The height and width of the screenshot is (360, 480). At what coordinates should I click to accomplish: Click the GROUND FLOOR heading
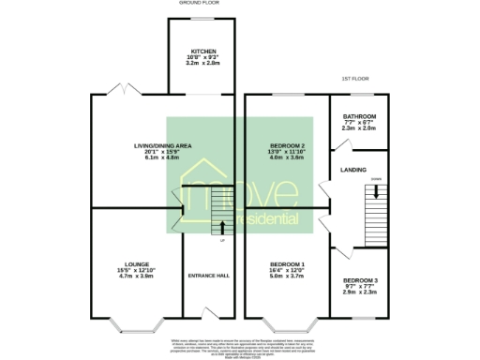coord(197,4)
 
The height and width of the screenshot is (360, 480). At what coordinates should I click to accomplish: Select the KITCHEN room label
coord(204,52)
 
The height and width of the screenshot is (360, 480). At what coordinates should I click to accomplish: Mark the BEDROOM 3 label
coord(361,281)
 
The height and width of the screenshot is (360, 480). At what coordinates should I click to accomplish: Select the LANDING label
coord(353,170)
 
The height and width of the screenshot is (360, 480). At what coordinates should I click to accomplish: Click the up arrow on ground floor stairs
coord(222,226)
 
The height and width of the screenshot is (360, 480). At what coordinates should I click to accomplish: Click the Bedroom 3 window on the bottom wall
coord(361,319)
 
